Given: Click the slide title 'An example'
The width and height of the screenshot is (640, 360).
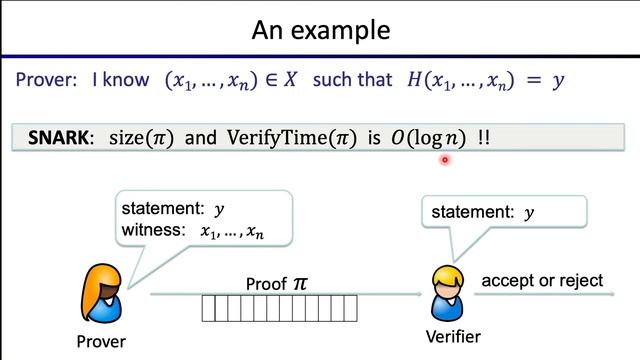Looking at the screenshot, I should [319, 29].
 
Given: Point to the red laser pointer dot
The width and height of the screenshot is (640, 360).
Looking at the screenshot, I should [445, 158].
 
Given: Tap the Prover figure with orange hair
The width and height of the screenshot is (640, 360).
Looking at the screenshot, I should [104, 290].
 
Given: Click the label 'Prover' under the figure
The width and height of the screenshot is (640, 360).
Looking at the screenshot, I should [101, 342].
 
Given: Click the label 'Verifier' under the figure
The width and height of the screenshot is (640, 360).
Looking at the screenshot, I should [453, 336].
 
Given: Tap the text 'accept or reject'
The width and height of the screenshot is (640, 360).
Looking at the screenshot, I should [542, 281].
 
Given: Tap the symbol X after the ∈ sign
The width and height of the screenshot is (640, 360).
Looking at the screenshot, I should [289, 80].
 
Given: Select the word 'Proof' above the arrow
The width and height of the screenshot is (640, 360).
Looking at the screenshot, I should [265, 284].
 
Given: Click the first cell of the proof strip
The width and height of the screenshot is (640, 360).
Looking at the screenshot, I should [208, 308].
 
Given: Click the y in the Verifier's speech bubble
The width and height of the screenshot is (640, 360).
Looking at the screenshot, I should [530, 212].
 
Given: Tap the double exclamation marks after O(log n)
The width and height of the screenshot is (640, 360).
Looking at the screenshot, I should [484, 138].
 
